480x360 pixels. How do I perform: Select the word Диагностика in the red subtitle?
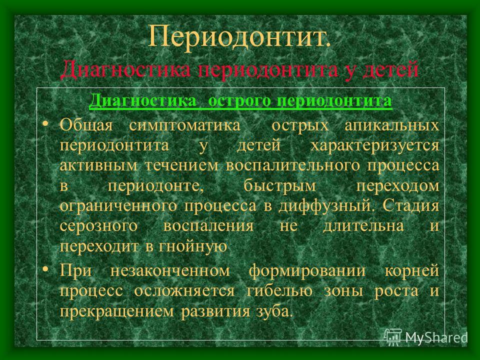click(126, 69)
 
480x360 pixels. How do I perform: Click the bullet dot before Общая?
click(45, 123)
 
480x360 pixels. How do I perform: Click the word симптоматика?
click(185, 126)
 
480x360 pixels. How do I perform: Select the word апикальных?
click(392, 126)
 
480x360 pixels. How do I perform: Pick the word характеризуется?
click(375, 146)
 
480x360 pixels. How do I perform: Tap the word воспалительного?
click(293, 166)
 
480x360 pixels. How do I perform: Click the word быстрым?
click(280, 186)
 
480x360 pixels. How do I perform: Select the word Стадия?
click(411, 205)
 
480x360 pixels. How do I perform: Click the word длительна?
click(363, 226)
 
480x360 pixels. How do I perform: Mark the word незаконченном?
click(170, 271)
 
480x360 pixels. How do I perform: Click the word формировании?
click(307, 271)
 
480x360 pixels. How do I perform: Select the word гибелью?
click(279, 291)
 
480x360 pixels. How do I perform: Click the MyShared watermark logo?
click(426, 336)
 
